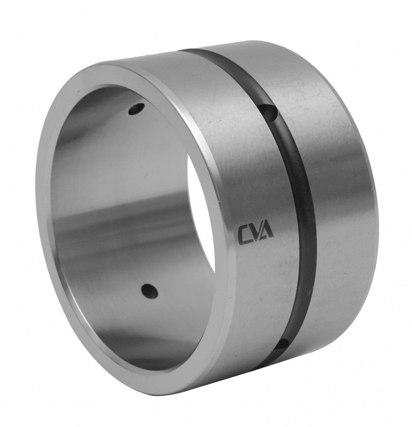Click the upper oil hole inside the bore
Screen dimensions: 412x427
tap(137, 109)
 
